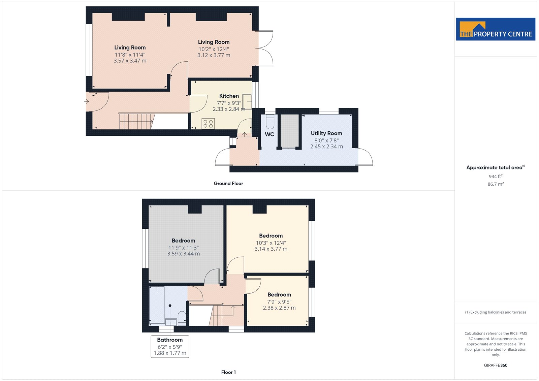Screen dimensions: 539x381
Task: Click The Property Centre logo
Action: pos(496,29)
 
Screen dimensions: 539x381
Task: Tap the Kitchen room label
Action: pos(229,96)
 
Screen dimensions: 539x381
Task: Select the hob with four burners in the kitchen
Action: pos(208,124)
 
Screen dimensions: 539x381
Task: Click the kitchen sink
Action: pos(247,102)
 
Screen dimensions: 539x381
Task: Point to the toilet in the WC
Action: pos(270,122)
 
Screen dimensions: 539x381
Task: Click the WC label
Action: pos(269,134)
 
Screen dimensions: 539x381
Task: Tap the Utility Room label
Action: pos(326,133)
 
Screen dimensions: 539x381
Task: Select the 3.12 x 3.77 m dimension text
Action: pos(214,55)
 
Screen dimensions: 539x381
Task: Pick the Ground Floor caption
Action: pos(228,183)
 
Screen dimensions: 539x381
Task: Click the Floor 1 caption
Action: pos(228,372)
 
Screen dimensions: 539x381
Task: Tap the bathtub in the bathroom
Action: pos(157,304)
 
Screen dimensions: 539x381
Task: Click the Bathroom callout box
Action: pos(170,347)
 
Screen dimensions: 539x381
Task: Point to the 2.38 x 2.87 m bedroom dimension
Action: pos(279,308)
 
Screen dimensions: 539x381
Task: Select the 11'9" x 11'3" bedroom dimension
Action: pos(183,248)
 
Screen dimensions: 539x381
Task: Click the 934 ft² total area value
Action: pos(496,176)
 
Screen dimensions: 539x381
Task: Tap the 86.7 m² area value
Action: pos(496,184)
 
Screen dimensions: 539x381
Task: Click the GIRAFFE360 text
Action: pos(496,365)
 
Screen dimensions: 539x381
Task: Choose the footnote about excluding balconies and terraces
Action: pos(496,312)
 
